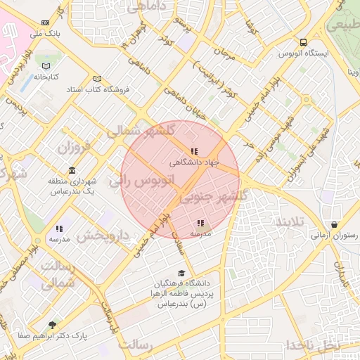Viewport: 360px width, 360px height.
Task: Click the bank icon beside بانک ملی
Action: pyautogui.click(x=46, y=23)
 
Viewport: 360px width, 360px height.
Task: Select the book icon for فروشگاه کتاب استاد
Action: pyautogui.click(x=98, y=79)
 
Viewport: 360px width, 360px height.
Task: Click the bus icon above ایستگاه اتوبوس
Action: pyautogui.click(x=303, y=42)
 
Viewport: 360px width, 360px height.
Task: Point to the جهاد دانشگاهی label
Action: pyautogui.click(x=195, y=162)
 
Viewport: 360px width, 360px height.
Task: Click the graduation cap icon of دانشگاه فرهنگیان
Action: pyautogui.click(x=181, y=274)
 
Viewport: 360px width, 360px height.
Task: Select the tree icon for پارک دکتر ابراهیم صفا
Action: pyautogui.click(x=52, y=325)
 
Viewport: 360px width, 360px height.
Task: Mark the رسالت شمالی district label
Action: pyautogui.click(x=58, y=275)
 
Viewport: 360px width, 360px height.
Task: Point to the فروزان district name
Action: pyautogui.click(x=75, y=148)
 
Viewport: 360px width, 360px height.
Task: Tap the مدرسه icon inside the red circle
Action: pyautogui.click(x=200, y=223)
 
